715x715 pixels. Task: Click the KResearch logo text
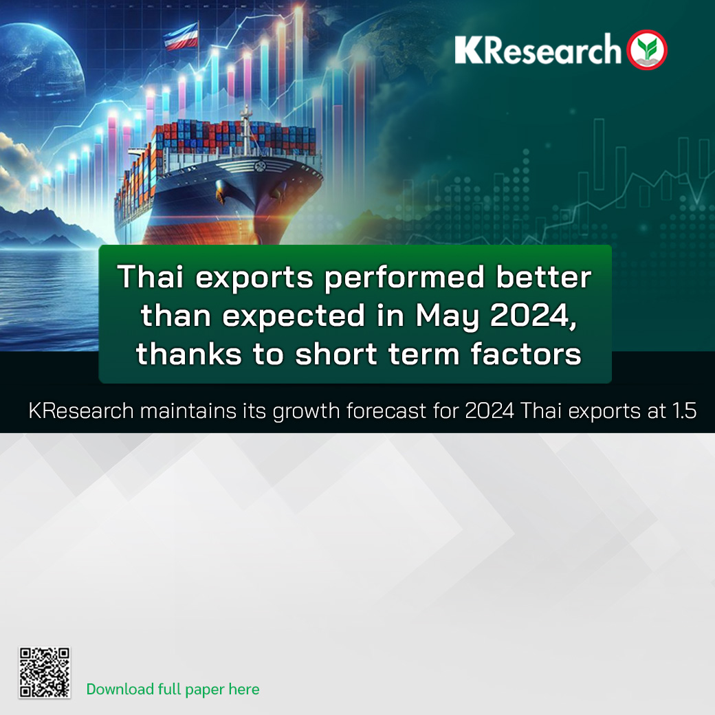[x=538, y=49]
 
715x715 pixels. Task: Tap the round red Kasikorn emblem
[x=647, y=49]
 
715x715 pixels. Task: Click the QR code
[x=44, y=672]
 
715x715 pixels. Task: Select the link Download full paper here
[x=173, y=689]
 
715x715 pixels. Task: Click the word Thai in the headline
[x=151, y=276]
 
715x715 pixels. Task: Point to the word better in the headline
[x=544, y=276]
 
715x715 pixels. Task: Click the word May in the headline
[x=447, y=316]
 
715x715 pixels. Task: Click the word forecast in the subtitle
[x=386, y=410]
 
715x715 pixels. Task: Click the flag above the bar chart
[x=181, y=36]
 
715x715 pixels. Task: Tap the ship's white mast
[x=246, y=129]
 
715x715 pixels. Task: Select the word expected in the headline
[x=294, y=316]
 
